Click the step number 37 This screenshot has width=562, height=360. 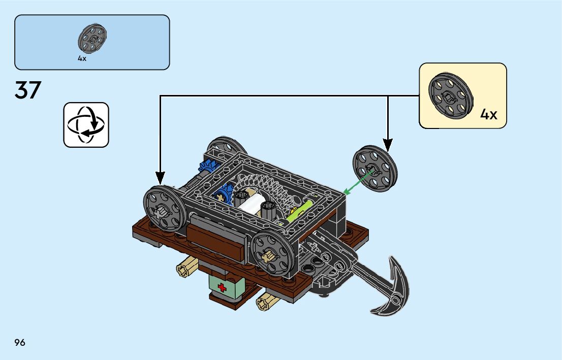click(28, 90)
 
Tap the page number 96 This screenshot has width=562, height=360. click(20, 342)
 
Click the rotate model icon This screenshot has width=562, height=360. click(86, 125)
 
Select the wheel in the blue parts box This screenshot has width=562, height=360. click(91, 39)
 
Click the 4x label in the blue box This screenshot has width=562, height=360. click(82, 58)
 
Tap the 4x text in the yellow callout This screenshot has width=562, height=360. click(488, 115)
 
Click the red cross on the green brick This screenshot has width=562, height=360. click(222, 288)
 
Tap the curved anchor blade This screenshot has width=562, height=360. click(393, 289)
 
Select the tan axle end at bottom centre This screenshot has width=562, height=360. click(265, 304)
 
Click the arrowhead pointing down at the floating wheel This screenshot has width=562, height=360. click(388, 146)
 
